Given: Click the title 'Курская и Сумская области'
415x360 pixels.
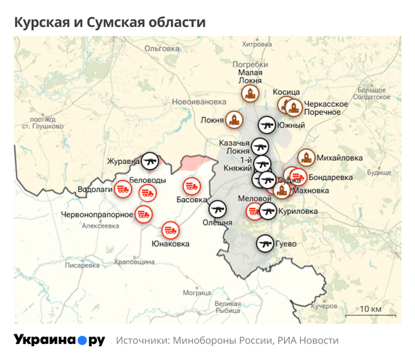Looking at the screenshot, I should [110, 22].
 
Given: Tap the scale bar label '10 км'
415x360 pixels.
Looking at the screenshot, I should [371, 309].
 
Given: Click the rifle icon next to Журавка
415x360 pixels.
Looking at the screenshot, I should [150, 161].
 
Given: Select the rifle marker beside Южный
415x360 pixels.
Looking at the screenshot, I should [268, 125].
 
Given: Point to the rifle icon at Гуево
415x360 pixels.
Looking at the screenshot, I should [265, 243].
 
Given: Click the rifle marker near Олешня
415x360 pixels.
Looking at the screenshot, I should [218, 208].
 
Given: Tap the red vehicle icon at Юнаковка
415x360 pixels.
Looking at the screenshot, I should [171, 230].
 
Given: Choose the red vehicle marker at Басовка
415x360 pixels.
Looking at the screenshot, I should [192, 186].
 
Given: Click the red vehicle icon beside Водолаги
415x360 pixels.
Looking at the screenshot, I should [122, 188].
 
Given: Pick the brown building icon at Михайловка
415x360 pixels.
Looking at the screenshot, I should [305, 158].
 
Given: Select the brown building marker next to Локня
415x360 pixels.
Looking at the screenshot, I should [235, 120].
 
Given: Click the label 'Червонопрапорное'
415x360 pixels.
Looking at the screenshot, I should [97, 215].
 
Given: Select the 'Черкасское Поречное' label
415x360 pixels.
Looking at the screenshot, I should [326, 107].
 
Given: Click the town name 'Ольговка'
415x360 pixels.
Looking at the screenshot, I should [162, 48].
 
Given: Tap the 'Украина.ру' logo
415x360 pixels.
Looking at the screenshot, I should [59, 340].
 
